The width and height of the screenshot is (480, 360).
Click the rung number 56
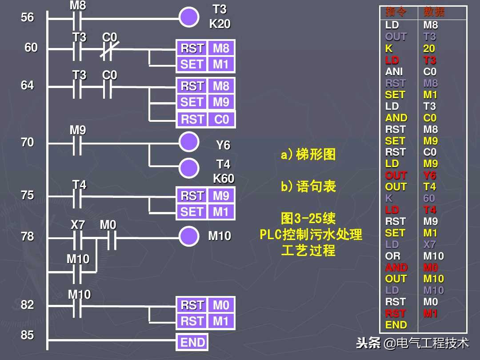coord(28,17)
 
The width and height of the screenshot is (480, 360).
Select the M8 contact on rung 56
coord(77,18)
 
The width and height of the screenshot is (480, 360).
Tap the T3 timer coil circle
coord(189,18)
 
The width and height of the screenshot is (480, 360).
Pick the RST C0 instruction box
coord(205,120)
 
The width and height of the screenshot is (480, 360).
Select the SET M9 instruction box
coord(205,102)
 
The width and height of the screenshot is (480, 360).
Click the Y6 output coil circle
coord(189,142)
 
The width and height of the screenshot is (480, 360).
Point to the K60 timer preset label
coord(224,179)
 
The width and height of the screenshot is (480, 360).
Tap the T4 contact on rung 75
coord(78,197)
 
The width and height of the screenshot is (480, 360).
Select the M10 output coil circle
coord(189,236)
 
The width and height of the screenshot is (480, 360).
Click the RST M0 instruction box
coord(205,305)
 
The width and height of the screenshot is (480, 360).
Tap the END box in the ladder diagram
coord(192,342)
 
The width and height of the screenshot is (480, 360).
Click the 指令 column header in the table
coord(396,12)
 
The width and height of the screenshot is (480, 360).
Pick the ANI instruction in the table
coord(394,72)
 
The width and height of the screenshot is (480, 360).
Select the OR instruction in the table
coord(392,256)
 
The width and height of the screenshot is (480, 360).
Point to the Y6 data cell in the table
coord(430,175)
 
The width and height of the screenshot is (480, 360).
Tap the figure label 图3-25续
coord(308,218)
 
